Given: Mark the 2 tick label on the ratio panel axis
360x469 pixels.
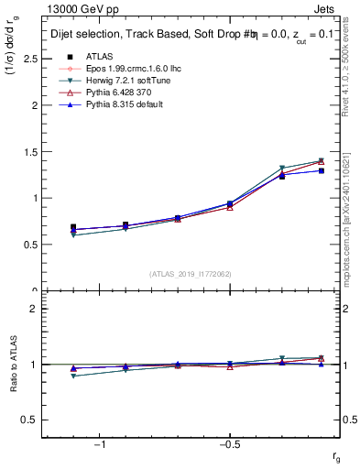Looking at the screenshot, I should pos(34,309).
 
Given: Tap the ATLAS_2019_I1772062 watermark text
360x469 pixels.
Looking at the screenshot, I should pos(191,274).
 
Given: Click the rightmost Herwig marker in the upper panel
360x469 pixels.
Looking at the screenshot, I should pos(321,161).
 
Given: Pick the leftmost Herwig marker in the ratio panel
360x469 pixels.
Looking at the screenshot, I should pos(73,376).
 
